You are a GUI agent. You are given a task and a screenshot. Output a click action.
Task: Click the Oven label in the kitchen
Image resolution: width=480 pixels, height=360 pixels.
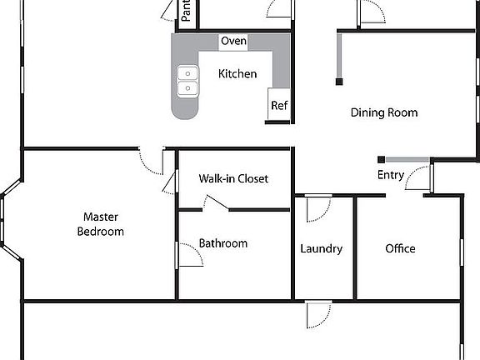pos(233,41)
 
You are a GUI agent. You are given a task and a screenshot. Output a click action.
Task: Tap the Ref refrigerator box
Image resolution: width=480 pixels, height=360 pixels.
pos(278,106)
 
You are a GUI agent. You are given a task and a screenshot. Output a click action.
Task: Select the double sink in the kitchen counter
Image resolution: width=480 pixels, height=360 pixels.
pos(188,80)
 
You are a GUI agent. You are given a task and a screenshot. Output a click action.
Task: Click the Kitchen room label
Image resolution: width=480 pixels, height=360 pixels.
pos(237,74)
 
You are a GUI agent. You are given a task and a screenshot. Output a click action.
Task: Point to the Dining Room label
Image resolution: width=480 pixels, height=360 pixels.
pos(383,112)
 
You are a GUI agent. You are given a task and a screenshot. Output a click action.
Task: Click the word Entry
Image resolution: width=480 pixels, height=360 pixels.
pos(391,175)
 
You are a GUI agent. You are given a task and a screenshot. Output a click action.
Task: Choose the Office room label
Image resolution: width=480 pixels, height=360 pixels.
pos(400,248)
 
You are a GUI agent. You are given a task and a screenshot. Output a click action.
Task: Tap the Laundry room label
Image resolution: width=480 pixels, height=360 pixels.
pos(321,248)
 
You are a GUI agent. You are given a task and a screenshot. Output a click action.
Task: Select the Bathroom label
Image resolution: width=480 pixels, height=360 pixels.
pos(222,243)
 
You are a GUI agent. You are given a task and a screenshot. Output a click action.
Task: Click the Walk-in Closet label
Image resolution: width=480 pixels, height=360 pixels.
pos(233,178)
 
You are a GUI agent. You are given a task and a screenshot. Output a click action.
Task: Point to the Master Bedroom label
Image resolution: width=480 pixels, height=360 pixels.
pos(100,225)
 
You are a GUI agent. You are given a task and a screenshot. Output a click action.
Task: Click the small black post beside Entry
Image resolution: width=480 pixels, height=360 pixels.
pos(380,159)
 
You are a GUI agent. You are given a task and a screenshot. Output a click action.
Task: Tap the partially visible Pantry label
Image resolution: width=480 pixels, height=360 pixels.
pos(187,10)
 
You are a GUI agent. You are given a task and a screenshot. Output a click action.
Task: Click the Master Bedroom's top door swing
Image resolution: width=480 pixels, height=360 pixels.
pos(151,161)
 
